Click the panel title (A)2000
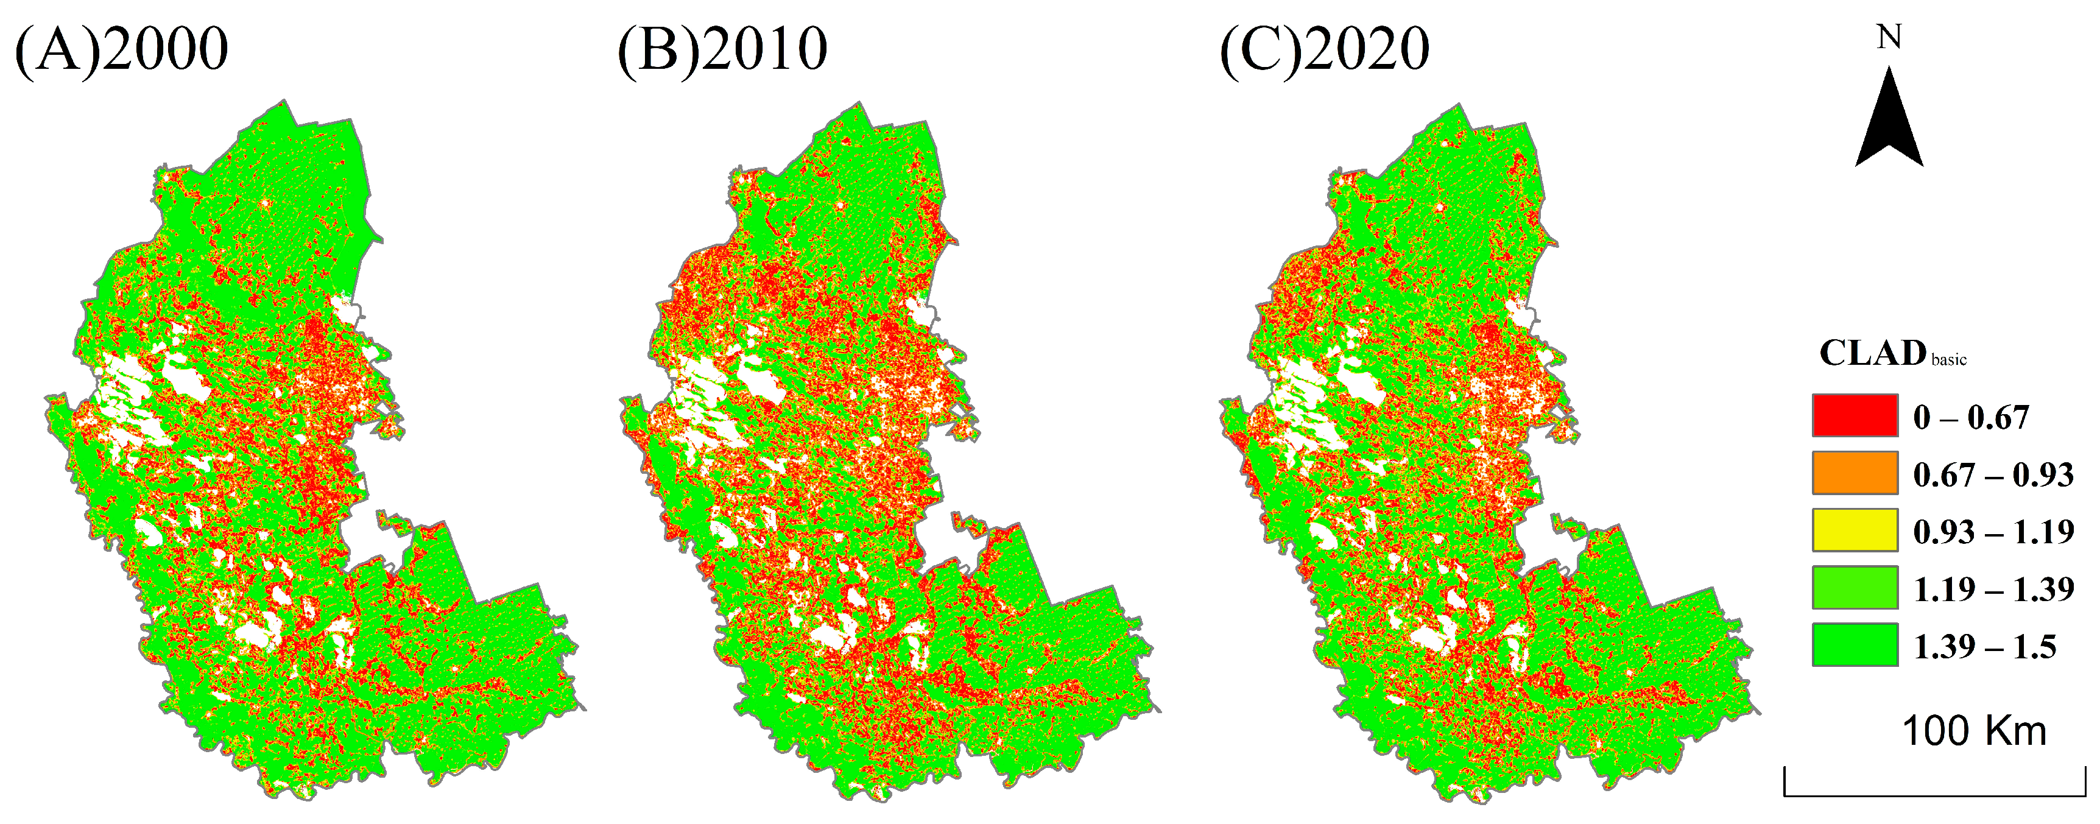(122, 51)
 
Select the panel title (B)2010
(722, 51)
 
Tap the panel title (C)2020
(1324, 51)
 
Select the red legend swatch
(1855, 416)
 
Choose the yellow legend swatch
(1855, 530)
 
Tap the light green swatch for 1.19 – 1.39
(1855, 588)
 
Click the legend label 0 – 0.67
(1970, 417)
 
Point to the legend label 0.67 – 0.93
(1993, 474)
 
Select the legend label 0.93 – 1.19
(1993, 532)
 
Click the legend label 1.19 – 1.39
(1993, 588)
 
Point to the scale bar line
(1934, 795)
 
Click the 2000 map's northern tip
(284, 102)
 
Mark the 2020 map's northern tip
(1459, 106)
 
